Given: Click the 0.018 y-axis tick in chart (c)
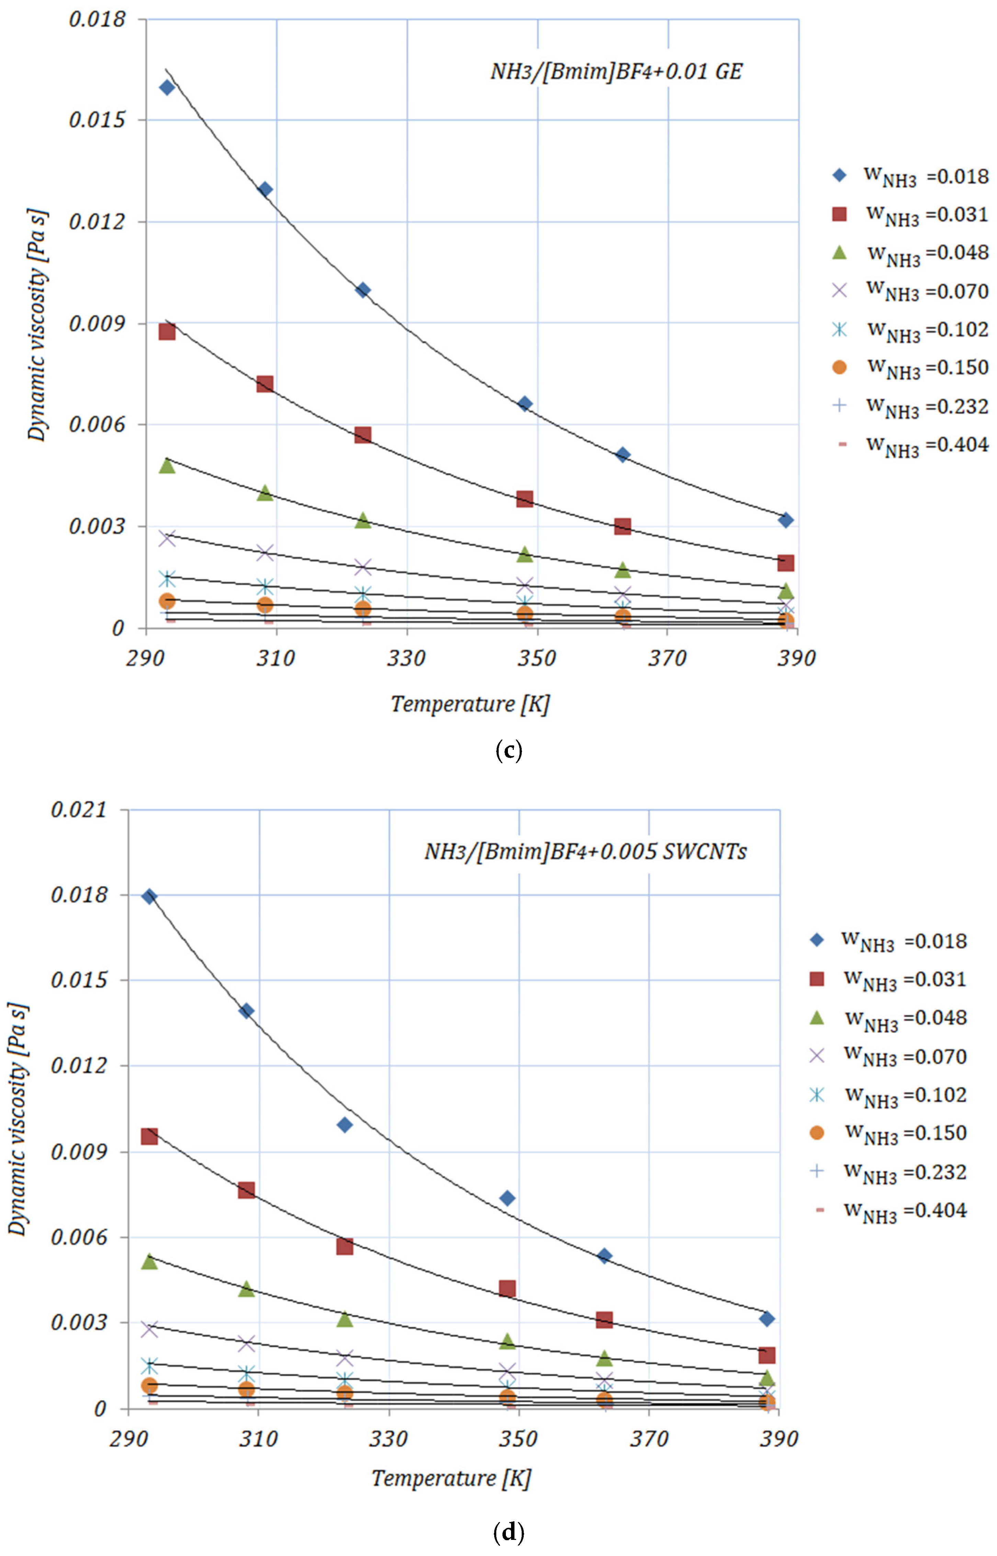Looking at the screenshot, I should click(x=97, y=20).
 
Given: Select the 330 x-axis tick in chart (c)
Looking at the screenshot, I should click(x=407, y=658).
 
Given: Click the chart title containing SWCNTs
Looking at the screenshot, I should click(x=585, y=851).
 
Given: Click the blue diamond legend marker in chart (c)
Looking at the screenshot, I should click(x=839, y=175).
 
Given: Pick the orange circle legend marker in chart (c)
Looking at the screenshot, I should click(x=839, y=368).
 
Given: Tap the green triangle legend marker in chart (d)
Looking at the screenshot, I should click(x=817, y=1018).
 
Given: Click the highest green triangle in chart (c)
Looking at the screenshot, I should click(x=167, y=465).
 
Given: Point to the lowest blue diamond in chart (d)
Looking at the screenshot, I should click(x=767, y=1318).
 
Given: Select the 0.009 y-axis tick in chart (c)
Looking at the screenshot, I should click(x=97, y=323).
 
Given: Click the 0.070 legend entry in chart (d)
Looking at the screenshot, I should click(x=905, y=1056).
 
